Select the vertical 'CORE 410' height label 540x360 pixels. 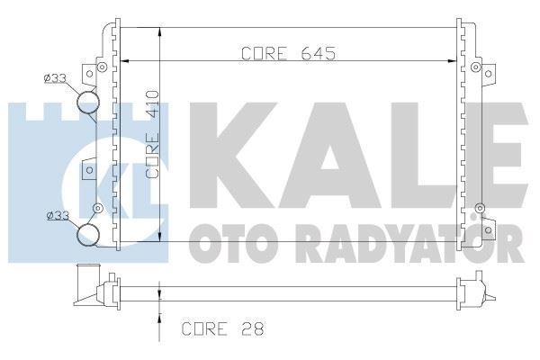coord(153,145)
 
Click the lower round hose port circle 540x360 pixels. coord(88,235)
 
